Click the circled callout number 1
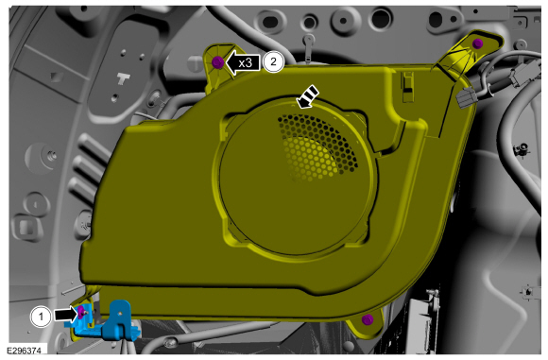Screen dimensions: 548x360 pos(41,317)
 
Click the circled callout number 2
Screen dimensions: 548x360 pos(273,61)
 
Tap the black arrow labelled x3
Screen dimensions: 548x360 pos(243,63)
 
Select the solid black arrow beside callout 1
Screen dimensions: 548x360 pos(65,315)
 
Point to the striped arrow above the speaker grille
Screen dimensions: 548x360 pos(307,96)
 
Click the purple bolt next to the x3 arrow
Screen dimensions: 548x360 pos(217,62)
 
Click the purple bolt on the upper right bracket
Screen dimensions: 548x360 pos(478,43)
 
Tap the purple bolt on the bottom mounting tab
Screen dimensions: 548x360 pos(368,319)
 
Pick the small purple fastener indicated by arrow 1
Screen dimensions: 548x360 pos(81,312)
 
